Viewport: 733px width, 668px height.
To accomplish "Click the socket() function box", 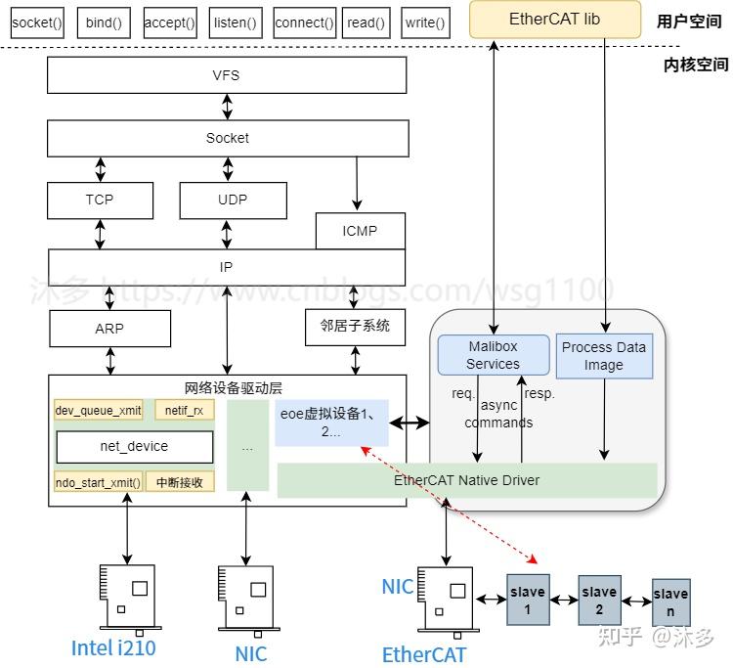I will (x=37, y=22).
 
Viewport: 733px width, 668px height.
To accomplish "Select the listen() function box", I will (x=236, y=22).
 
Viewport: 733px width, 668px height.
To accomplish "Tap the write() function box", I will (x=425, y=22).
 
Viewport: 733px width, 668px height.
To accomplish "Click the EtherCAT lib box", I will (x=555, y=20).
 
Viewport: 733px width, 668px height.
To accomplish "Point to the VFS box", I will (x=226, y=75).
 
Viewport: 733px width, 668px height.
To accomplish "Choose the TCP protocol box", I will (x=100, y=200).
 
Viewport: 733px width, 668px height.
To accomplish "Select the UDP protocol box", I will (x=233, y=200).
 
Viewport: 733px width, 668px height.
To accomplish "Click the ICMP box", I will (x=360, y=232).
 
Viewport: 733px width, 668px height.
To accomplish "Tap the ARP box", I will (x=109, y=329).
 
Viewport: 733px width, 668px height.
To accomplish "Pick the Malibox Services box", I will (x=493, y=355).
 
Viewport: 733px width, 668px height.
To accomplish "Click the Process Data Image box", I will (x=604, y=356).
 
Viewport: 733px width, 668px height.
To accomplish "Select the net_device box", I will (x=134, y=446).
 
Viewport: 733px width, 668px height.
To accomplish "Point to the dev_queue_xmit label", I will (x=98, y=411).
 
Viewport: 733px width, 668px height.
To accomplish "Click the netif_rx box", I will (x=184, y=411).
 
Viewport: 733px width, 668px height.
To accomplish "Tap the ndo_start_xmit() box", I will (x=98, y=481).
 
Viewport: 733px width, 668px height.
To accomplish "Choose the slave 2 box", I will (x=599, y=599).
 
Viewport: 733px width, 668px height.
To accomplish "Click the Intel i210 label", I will (x=113, y=647).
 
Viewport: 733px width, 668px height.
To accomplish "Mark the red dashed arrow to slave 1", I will (x=450, y=504).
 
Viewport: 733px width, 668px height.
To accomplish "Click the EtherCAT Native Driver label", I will (x=467, y=480).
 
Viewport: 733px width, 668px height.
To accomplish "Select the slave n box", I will (x=670, y=601).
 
